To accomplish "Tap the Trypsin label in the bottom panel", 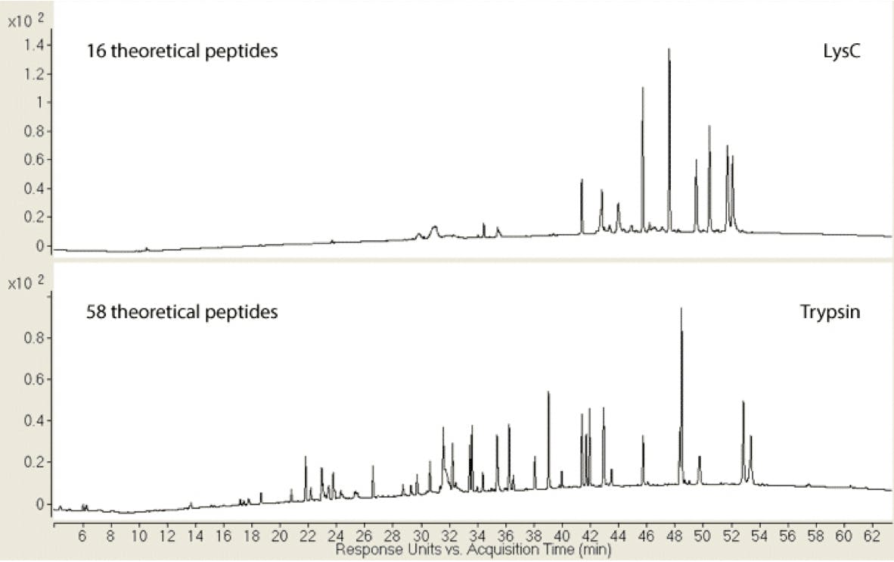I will point(830,312).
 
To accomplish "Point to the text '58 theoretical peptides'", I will point(182,312).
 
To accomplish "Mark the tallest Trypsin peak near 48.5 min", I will point(681,311).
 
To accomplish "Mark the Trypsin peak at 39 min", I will point(548,394).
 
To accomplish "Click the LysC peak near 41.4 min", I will point(582,182).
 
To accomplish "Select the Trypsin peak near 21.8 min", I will point(306,458).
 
